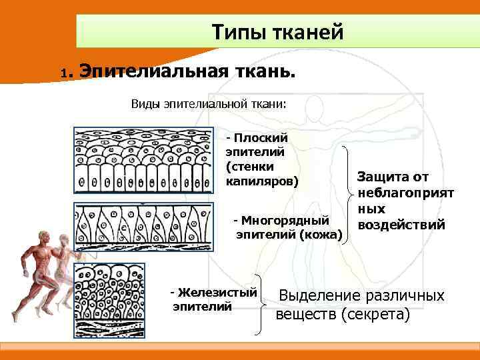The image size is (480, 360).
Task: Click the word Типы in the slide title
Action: (237, 31)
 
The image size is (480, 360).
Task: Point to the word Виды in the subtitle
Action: (145, 104)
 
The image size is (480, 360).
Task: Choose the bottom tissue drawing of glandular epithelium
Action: (142, 298)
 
